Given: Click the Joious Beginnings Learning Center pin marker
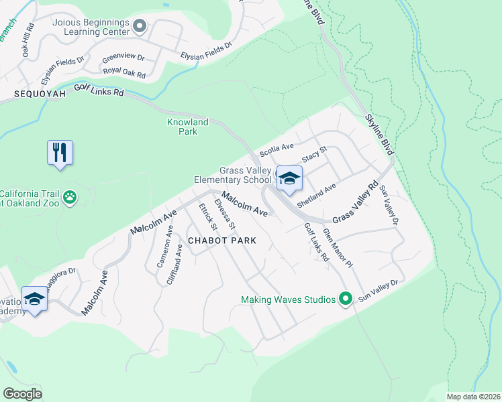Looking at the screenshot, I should [140, 26].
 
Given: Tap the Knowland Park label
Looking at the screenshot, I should [187, 127].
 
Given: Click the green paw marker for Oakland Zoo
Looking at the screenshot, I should [70, 197].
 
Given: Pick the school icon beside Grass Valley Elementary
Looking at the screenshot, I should [289, 178].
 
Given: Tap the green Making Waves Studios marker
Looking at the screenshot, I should [346, 298].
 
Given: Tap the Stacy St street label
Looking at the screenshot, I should [313, 155].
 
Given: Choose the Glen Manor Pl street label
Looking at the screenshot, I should [338, 248].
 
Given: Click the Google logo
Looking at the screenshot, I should [23, 393].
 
